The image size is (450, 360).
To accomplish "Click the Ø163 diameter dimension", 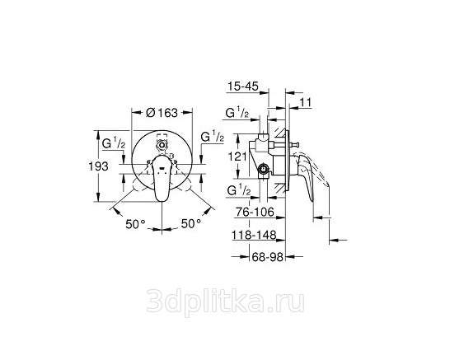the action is coord(162,113).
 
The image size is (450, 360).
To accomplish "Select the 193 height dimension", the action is coord(98,166).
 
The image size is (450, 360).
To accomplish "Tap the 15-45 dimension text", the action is coord(243,86).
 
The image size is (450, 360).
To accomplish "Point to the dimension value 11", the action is coord(307,102).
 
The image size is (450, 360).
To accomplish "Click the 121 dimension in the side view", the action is coord(237,157).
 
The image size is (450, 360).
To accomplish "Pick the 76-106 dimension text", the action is coord(255,212).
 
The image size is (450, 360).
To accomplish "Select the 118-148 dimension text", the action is coord(254,235).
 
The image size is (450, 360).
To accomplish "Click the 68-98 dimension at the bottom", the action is coord(268,257).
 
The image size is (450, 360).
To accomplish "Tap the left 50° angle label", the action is coord(135,224).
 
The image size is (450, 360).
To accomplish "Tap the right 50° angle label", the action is coord(191,223).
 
